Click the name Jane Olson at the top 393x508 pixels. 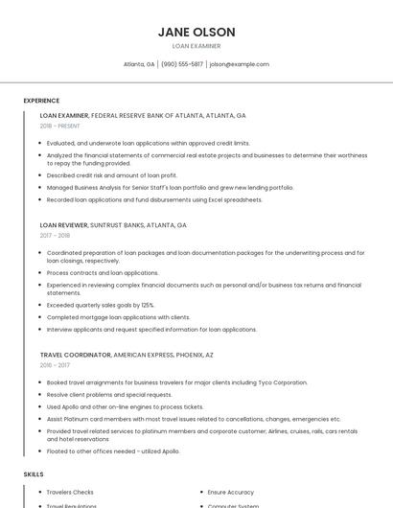[196, 32]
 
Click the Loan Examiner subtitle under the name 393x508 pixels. [196, 46]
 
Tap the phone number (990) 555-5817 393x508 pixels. [182, 64]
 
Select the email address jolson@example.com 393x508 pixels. [239, 64]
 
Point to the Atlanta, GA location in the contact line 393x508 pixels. [139, 64]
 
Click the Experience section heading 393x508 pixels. [41, 101]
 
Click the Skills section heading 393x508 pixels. [34, 474]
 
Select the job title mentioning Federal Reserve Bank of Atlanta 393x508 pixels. [143, 115]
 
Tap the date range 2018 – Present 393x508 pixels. [60, 126]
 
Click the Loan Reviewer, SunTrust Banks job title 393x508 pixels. [113, 225]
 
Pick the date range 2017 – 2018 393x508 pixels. [55, 235]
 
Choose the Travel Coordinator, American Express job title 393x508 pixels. [126, 355]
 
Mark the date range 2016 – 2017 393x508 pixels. [55, 364]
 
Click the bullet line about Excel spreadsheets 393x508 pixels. [154, 199]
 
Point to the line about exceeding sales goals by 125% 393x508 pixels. [101, 305]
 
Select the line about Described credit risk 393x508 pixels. [112, 175]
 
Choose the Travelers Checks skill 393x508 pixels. [70, 492]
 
